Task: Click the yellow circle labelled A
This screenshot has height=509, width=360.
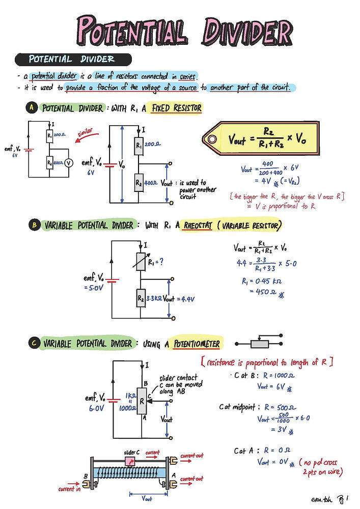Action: pos(32,108)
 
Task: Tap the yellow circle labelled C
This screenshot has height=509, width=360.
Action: pos(32,344)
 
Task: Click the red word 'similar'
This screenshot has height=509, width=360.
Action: pos(88,134)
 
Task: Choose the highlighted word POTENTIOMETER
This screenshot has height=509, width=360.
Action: pos(197,344)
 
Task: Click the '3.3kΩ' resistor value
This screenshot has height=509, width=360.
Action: pos(154,299)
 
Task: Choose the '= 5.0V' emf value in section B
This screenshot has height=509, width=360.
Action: pos(94,288)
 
